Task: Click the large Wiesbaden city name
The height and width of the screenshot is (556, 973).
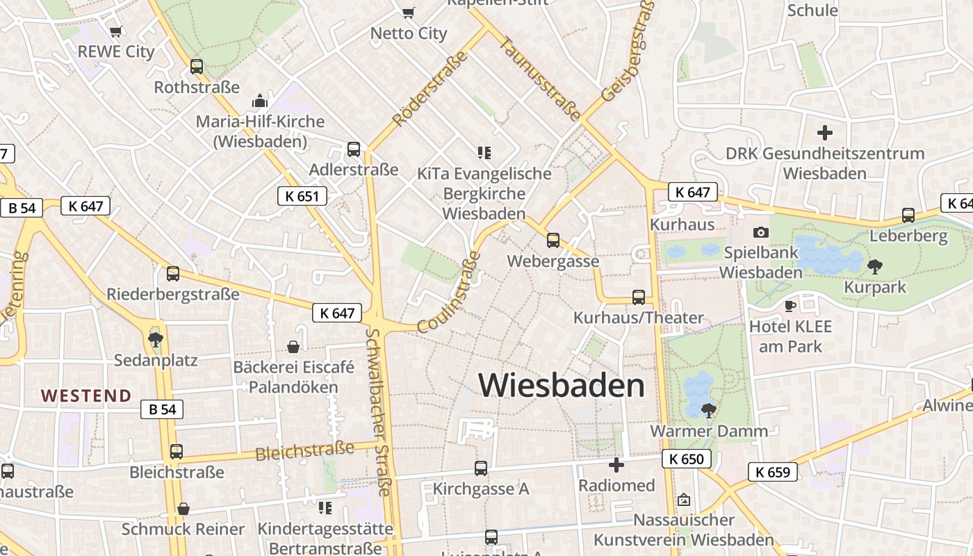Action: (562, 386)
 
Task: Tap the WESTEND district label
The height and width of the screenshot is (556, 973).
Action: (86, 396)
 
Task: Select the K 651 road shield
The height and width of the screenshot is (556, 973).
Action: (302, 196)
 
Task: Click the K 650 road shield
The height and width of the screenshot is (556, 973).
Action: (687, 459)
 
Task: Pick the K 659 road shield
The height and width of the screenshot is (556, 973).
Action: (773, 473)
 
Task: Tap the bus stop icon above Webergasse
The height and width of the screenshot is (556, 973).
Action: (553, 240)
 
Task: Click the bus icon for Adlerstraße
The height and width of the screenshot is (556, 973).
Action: (354, 149)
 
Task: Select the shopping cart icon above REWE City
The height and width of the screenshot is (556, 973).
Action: (116, 31)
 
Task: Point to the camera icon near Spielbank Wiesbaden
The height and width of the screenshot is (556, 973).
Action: (761, 232)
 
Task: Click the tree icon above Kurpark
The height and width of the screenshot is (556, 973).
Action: (875, 266)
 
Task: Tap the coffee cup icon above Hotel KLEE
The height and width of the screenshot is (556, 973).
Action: (790, 306)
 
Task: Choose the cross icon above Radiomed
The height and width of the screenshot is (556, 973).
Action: (616, 465)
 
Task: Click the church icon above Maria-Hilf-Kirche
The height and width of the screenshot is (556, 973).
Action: (260, 101)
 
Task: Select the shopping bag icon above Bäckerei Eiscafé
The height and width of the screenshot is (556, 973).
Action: (294, 346)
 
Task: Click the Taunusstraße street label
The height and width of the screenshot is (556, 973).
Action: (539, 78)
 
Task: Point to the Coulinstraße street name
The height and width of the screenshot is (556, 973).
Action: (450, 292)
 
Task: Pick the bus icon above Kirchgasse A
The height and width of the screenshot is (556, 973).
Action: (481, 468)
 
